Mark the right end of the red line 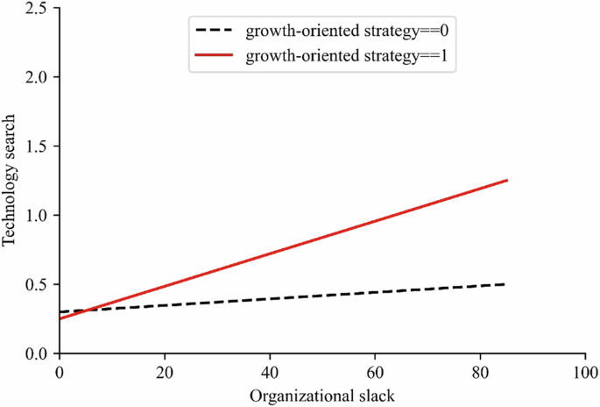pyautogui.click(x=506, y=181)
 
